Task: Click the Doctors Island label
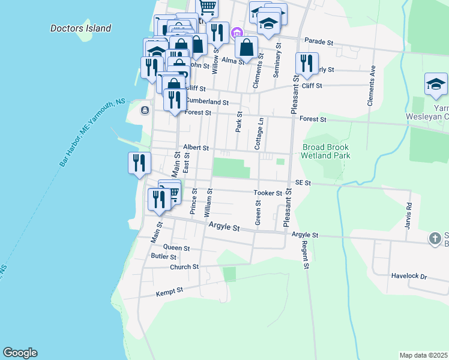[80, 28]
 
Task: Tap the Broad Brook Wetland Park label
[326, 151]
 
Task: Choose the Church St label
[184, 267]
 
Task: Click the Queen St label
[176, 247]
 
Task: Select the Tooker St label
[267, 193]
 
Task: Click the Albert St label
[196, 147]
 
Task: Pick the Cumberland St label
[207, 102]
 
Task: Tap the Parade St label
[318, 42]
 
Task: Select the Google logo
[20, 353]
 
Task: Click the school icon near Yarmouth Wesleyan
[436, 85]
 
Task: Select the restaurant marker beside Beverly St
[307, 64]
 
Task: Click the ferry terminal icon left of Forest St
[145, 110]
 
